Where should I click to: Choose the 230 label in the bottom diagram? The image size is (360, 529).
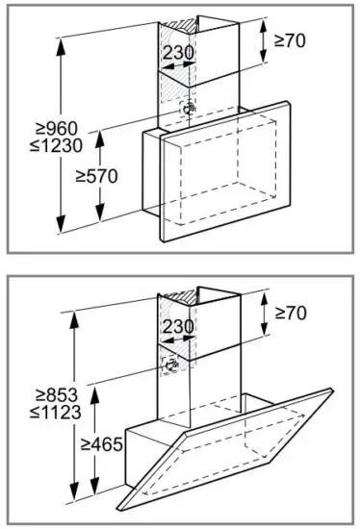point(177,327)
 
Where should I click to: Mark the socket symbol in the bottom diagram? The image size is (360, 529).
point(174,366)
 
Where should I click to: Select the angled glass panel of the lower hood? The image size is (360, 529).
point(241,442)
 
